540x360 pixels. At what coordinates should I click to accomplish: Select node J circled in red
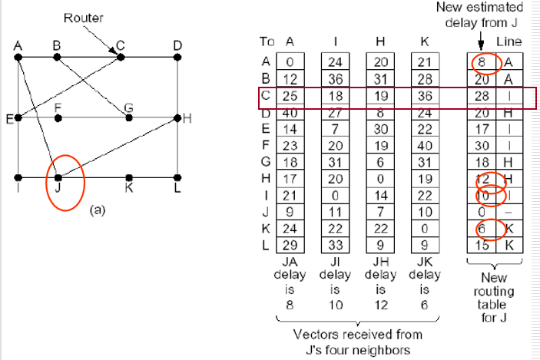58,178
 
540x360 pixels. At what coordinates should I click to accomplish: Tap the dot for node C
120,56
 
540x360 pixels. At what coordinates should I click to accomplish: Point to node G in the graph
128,117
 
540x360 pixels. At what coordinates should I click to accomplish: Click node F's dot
58,117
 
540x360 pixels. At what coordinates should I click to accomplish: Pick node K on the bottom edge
128,178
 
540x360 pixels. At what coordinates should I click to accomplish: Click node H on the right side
177,117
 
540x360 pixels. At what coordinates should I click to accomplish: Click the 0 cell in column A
290,62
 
